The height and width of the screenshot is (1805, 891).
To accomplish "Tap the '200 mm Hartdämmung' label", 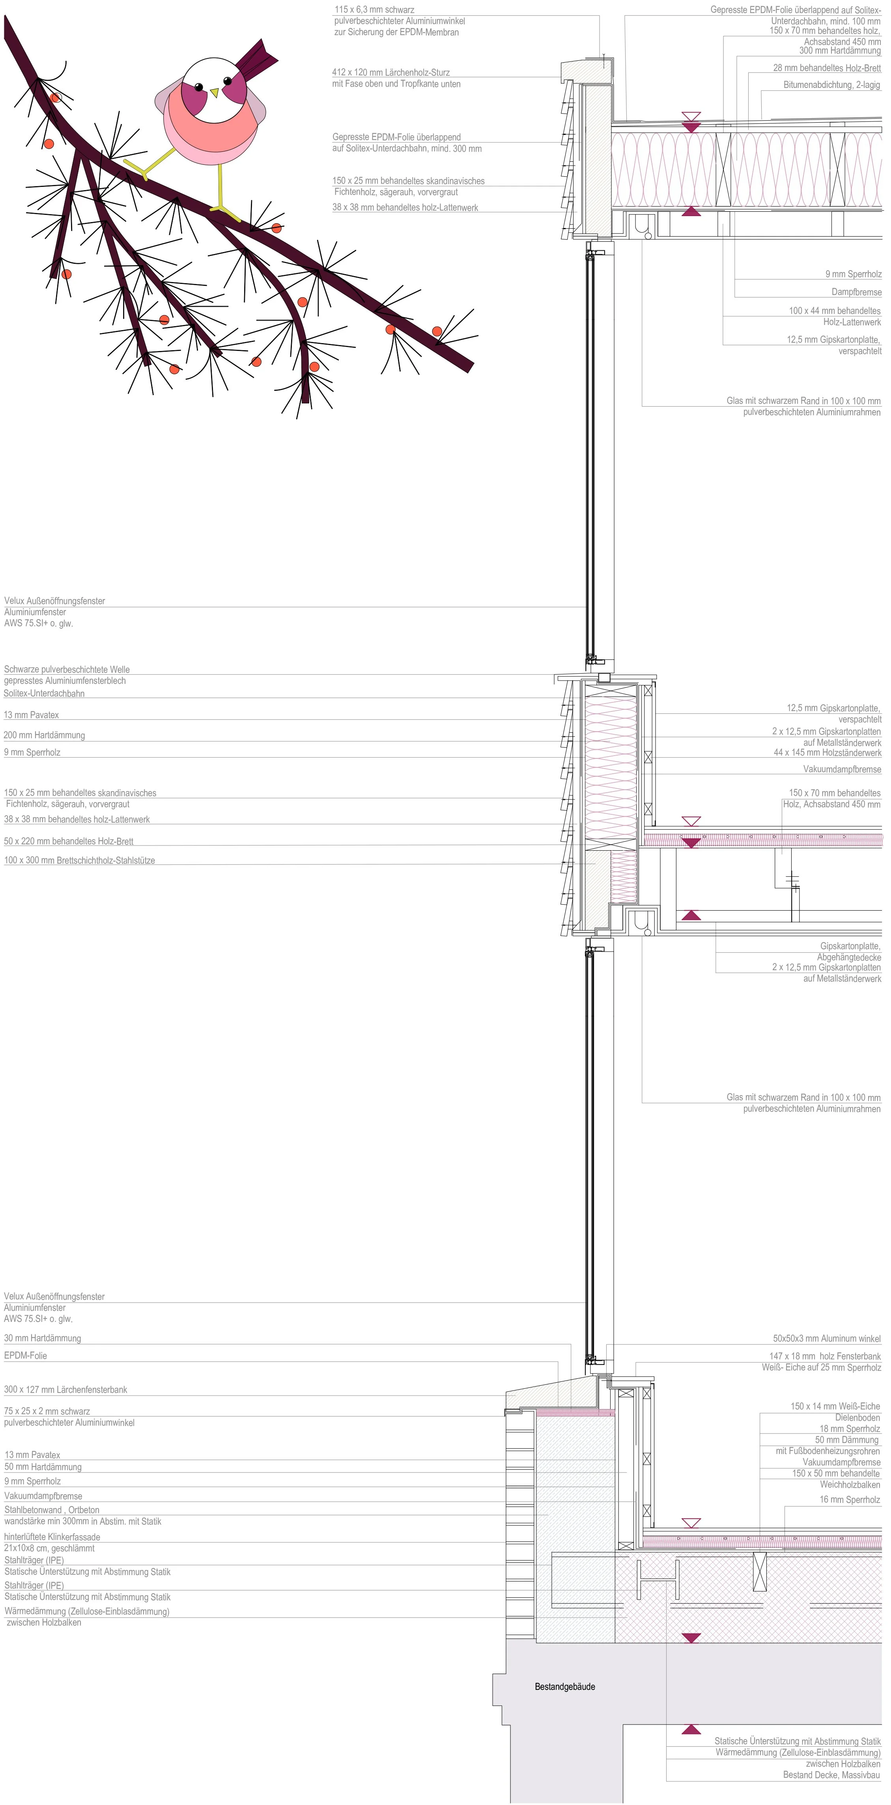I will pyautogui.click(x=44, y=735).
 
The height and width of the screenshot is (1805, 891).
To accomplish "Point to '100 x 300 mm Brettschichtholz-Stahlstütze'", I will pyautogui.click(x=79, y=861).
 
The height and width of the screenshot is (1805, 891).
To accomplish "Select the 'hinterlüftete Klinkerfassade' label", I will pyautogui.click(x=52, y=1536).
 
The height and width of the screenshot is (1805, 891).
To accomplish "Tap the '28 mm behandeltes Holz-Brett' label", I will pyautogui.click(x=826, y=68).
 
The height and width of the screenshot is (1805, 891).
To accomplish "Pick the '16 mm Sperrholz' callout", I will pyautogui.click(x=850, y=1499).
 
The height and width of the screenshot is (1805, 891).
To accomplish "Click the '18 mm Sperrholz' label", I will pyautogui.click(x=850, y=1429).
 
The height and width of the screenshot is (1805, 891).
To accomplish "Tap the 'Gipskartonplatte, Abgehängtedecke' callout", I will pyautogui.click(x=849, y=952).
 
